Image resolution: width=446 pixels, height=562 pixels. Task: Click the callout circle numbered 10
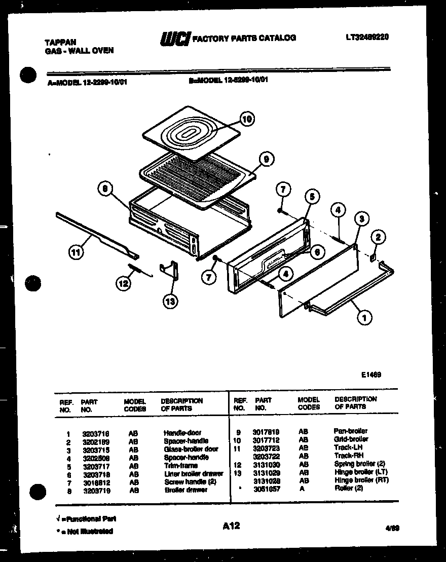[x=246, y=120]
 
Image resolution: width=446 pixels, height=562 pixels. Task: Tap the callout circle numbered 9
[x=266, y=159]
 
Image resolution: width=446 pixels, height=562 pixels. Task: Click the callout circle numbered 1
[x=363, y=318]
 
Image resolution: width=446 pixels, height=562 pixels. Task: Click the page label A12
[x=231, y=527]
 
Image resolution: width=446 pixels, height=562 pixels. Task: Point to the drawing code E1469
[x=371, y=375]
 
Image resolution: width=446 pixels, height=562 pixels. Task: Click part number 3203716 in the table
[x=96, y=434]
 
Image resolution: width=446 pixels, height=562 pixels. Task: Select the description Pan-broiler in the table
[x=351, y=431]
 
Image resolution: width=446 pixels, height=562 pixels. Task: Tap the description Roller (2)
[x=349, y=489]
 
